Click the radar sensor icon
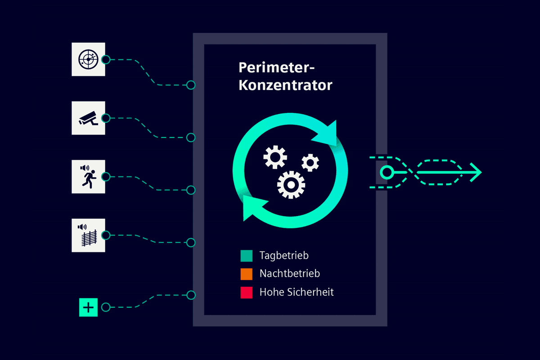coord(88,59)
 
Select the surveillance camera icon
coord(88,118)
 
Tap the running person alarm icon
coord(88,176)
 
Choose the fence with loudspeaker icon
coord(88,235)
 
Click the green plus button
coord(88,307)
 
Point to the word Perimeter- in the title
coord(276,67)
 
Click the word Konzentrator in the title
coord(285,85)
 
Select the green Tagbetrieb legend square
coord(247,256)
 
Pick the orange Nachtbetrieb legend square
coord(247,274)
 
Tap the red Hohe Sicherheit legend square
coord(247,292)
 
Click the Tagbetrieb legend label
coord(284,256)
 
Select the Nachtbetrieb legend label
coord(290,274)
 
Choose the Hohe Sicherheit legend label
coord(297,292)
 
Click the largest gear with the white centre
coord(291,185)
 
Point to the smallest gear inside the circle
coord(310,163)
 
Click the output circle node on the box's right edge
coord(387,172)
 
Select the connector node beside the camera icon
coord(106,118)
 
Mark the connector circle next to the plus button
coord(106,307)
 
